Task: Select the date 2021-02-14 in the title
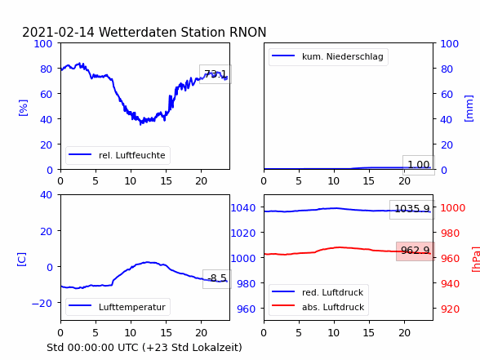(x=58, y=32)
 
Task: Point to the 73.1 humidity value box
(x=216, y=74)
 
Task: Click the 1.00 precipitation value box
(x=419, y=165)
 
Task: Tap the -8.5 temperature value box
(x=217, y=278)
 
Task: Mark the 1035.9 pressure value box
(x=412, y=209)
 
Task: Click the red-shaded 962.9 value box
(x=416, y=251)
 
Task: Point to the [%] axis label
(x=23, y=108)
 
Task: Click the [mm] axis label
(x=469, y=109)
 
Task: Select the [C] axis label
(x=21, y=260)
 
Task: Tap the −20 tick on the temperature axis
(x=42, y=303)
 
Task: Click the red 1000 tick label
(x=453, y=208)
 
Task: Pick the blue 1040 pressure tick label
(x=243, y=208)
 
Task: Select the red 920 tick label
(x=450, y=309)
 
